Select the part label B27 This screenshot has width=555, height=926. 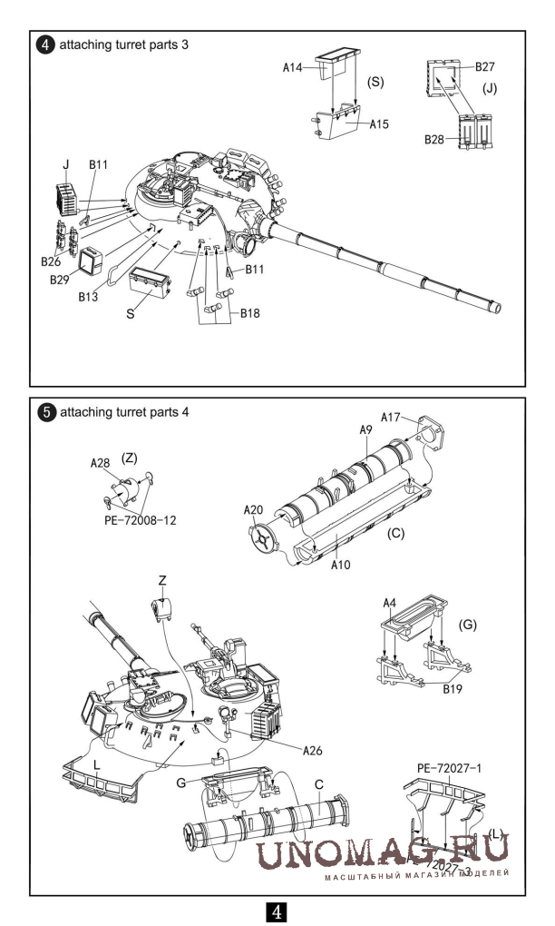485,67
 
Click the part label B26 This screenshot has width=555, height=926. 51,261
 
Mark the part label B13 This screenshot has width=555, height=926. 88,296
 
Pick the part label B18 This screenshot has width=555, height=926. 251,313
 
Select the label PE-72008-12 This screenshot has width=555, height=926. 149,522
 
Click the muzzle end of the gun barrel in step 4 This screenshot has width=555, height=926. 498,307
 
